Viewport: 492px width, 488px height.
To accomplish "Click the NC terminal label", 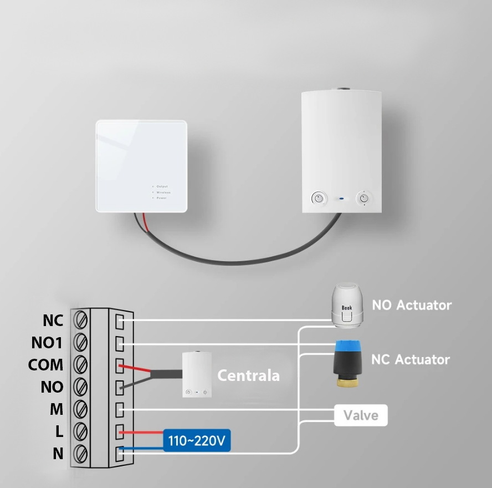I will [x=53, y=321].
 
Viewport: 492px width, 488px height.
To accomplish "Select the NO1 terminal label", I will [x=47, y=343].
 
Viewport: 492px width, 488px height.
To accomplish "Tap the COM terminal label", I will [x=45, y=365].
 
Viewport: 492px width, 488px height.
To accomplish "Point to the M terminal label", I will [x=57, y=409].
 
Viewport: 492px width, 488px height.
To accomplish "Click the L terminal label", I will [x=58, y=431].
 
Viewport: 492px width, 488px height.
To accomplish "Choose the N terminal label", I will [x=58, y=454].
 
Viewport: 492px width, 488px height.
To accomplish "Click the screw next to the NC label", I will [x=81, y=320].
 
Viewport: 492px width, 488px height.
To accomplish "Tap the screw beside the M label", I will [x=81, y=409].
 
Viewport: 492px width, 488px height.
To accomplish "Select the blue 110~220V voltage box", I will [x=197, y=441].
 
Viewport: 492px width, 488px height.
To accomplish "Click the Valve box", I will [x=361, y=415].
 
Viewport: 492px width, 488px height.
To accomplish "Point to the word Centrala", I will [x=248, y=375].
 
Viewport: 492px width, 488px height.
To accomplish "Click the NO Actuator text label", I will [x=411, y=305].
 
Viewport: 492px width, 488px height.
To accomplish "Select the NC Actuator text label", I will [x=410, y=359].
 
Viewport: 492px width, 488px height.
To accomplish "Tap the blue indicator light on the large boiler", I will [x=341, y=197].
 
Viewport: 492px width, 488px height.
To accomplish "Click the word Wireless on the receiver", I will [x=163, y=192].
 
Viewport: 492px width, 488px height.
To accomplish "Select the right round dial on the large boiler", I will [x=363, y=197].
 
